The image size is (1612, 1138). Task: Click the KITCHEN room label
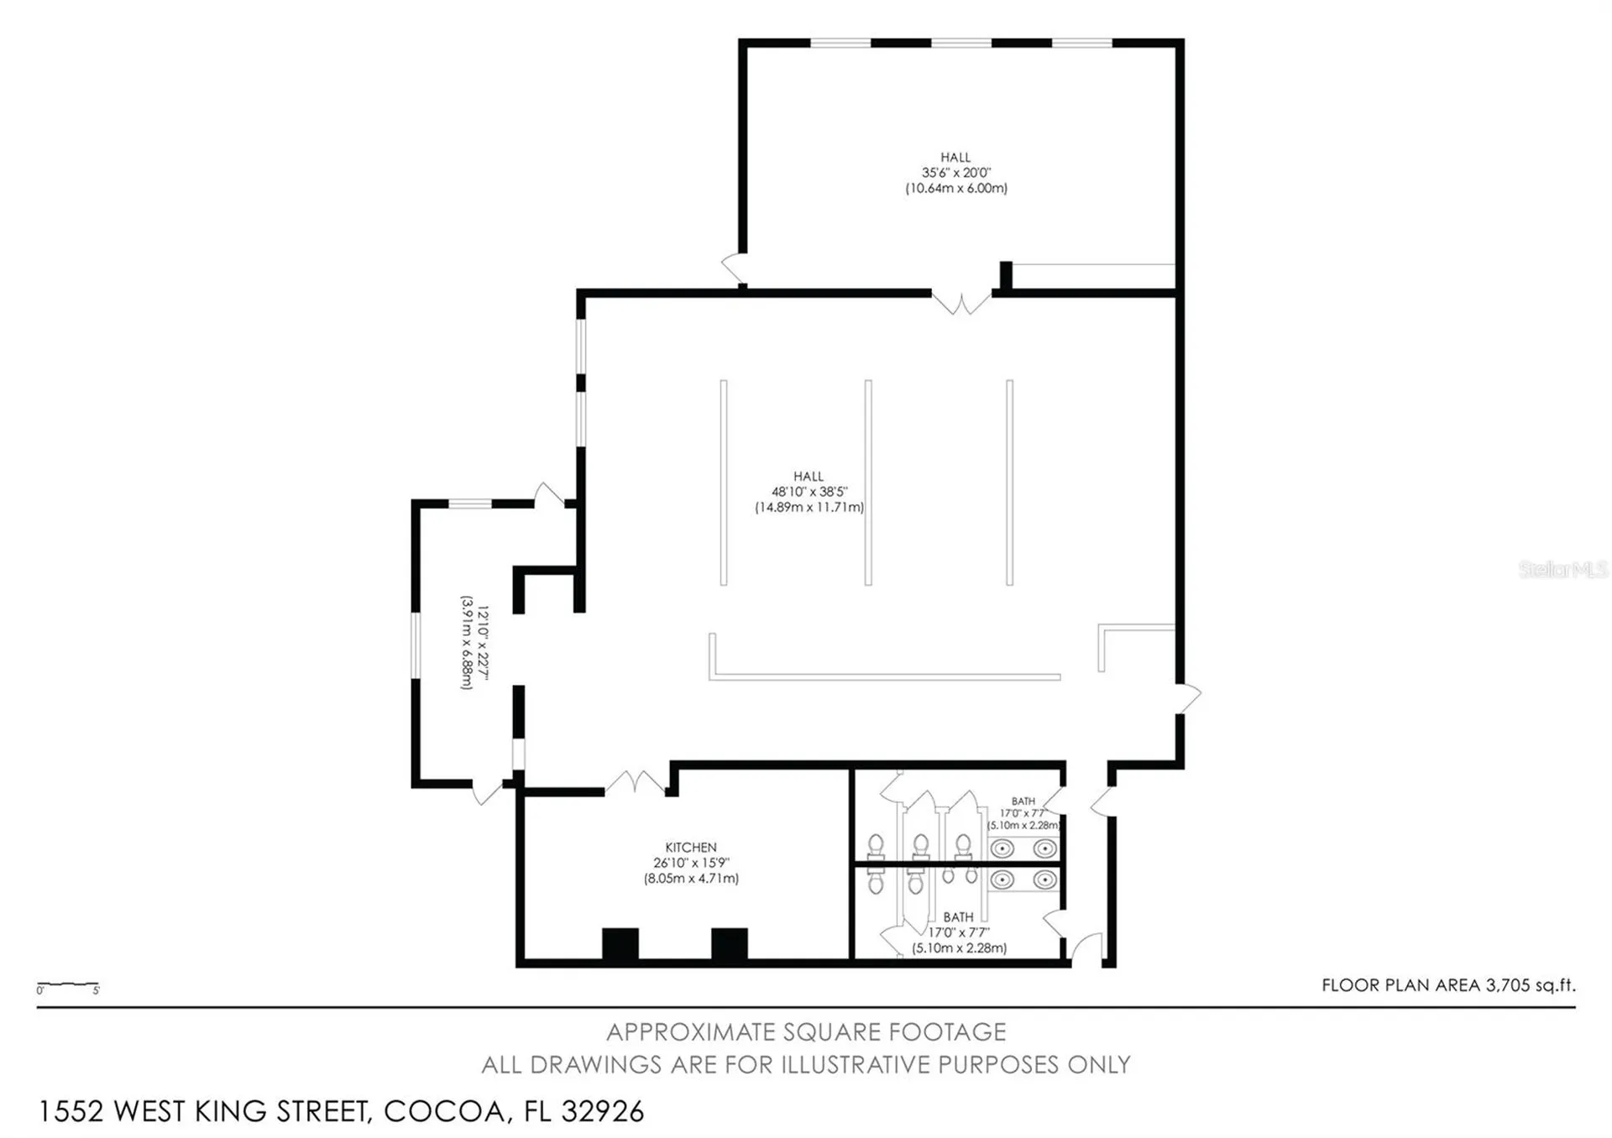tap(690, 847)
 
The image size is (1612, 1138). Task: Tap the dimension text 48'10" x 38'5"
tap(809, 492)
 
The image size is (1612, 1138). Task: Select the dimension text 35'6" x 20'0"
tap(955, 173)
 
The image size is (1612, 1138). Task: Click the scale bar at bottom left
tap(68, 985)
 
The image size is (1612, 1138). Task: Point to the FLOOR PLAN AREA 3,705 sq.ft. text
tap(1447, 985)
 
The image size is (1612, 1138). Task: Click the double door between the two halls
tap(961, 302)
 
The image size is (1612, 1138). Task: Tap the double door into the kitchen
tap(636, 784)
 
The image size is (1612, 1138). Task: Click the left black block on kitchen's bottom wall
tap(620, 943)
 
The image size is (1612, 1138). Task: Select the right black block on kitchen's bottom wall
tap(729, 943)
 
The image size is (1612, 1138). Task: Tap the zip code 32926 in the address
tap(602, 1111)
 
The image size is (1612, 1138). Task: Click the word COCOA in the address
tap(444, 1111)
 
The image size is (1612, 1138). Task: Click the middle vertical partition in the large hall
tap(868, 483)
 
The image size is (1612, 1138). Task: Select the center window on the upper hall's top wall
tap(961, 43)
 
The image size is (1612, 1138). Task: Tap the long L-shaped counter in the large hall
tap(883, 675)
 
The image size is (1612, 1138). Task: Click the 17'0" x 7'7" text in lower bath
tap(958, 932)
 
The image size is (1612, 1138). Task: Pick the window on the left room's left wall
tap(415, 645)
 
